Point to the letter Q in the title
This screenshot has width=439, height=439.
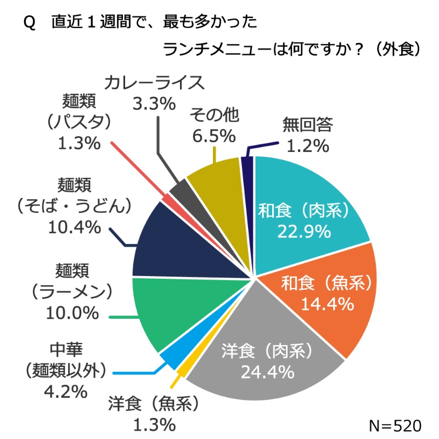[30, 22]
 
